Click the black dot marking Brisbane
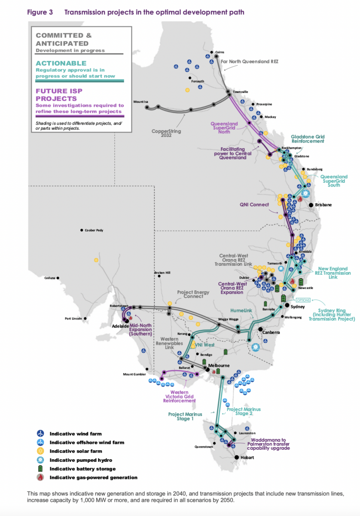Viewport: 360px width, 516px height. tap(311, 205)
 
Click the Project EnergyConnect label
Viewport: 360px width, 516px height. tap(193, 295)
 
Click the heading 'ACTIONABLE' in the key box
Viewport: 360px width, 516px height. tap(61, 63)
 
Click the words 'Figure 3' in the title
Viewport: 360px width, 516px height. tap(40, 12)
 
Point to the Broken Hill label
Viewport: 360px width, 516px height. tap(162, 273)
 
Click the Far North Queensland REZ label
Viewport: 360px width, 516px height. tap(250, 61)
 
